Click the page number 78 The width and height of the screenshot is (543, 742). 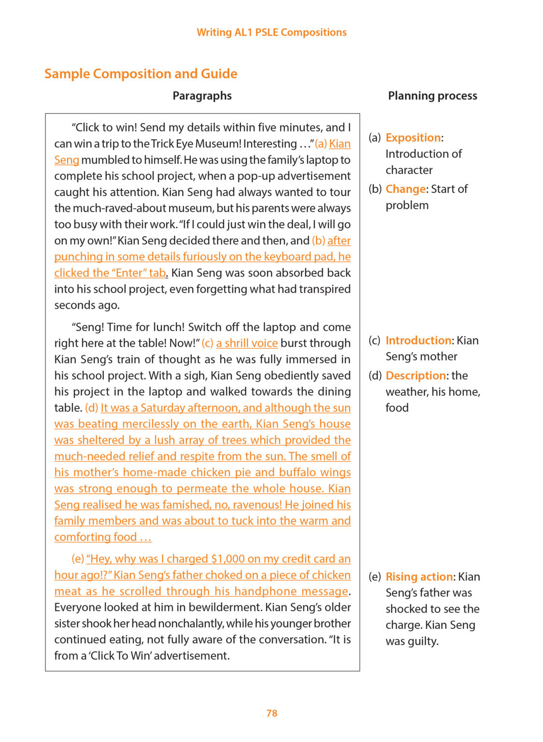coord(271,713)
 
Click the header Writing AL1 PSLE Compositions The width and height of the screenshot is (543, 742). coord(271,32)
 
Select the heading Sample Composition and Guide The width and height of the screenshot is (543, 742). coord(141,73)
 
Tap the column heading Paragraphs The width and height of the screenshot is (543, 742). coord(202,96)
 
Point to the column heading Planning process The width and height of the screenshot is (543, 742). coord(432,96)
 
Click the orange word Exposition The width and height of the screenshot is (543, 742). coord(413,138)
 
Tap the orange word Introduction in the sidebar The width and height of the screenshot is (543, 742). coord(418,341)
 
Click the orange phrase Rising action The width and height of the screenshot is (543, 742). coord(419,577)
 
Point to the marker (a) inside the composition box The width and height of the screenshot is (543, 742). coord(321,144)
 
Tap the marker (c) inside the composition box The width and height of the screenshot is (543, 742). coord(207,343)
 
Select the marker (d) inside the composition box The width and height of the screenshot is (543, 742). coord(91,408)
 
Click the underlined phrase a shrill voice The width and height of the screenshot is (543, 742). coord(247,343)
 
